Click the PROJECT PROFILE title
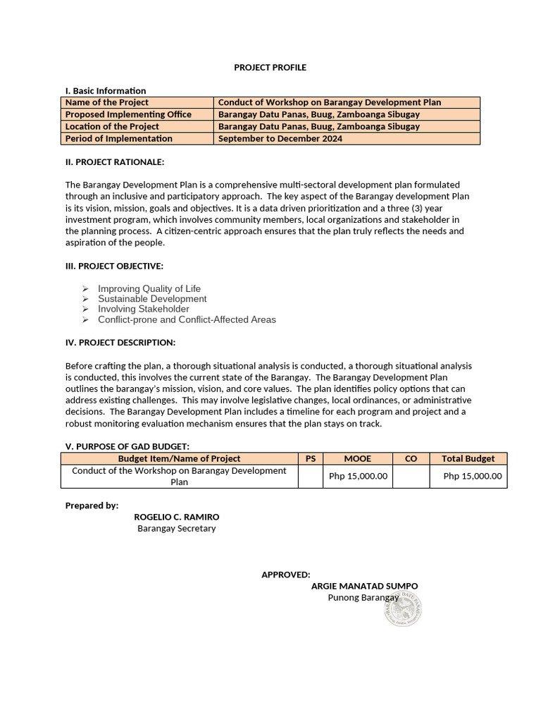270,68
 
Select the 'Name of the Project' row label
106,102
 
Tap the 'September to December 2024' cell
280,139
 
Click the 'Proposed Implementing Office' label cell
128,114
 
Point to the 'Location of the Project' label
112,127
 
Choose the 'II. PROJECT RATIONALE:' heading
114,162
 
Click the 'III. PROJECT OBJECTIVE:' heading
114,266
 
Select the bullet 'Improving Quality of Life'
149,288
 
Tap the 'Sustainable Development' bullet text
152,299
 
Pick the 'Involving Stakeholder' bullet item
143,309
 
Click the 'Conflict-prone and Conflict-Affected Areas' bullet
187,319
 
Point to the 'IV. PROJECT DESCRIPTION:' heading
120,343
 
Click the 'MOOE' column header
357,459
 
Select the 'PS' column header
310,459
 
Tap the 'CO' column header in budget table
411,459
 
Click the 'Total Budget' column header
468,459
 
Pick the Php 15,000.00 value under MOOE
358,476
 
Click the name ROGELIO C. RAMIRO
176,517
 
